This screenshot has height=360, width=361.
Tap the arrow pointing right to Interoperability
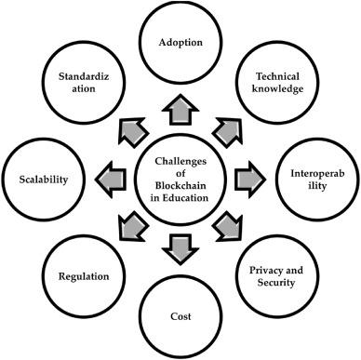pos(245,177)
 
